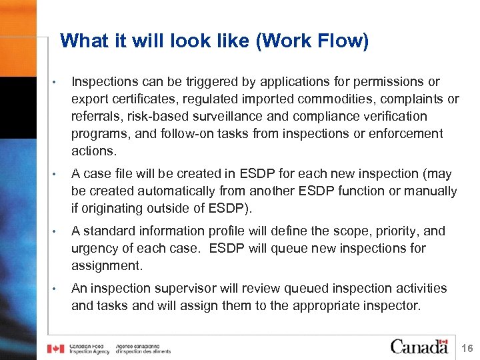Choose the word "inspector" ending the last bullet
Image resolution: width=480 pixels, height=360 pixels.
392,306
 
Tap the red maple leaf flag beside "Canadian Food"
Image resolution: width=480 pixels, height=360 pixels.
55,348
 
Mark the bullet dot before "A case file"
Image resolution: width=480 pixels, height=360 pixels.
59,175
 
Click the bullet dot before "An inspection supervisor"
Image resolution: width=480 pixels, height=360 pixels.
59,289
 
